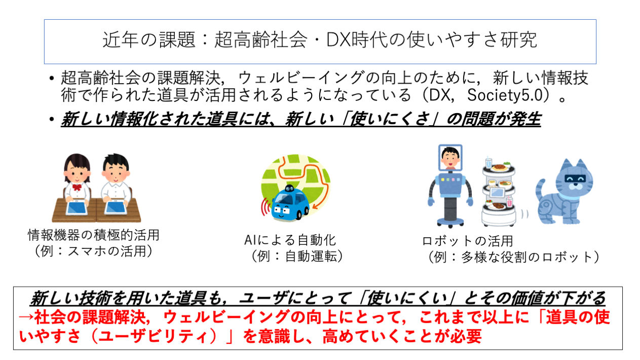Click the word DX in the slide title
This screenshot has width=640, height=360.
(x=338, y=40)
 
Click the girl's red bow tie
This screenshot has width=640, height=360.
(x=77, y=187)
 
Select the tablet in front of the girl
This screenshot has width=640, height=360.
(x=77, y=208)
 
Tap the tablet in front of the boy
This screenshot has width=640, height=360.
(x=116, y=207)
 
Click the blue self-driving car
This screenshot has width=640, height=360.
(x=290, y=204)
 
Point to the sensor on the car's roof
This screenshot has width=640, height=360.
(x=289, y=189)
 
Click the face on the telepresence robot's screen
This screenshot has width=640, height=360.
(x=450, y=159)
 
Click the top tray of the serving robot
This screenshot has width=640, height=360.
(x=499, y=169)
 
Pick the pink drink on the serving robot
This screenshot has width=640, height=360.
(x=509, y=202)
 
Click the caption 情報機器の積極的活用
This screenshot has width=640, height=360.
(x=93, y=235)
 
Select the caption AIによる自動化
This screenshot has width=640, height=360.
(x=290, y=240)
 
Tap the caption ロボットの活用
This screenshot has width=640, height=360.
(x=467, y=241)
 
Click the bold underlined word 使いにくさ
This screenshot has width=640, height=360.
(x=390, y=119)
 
